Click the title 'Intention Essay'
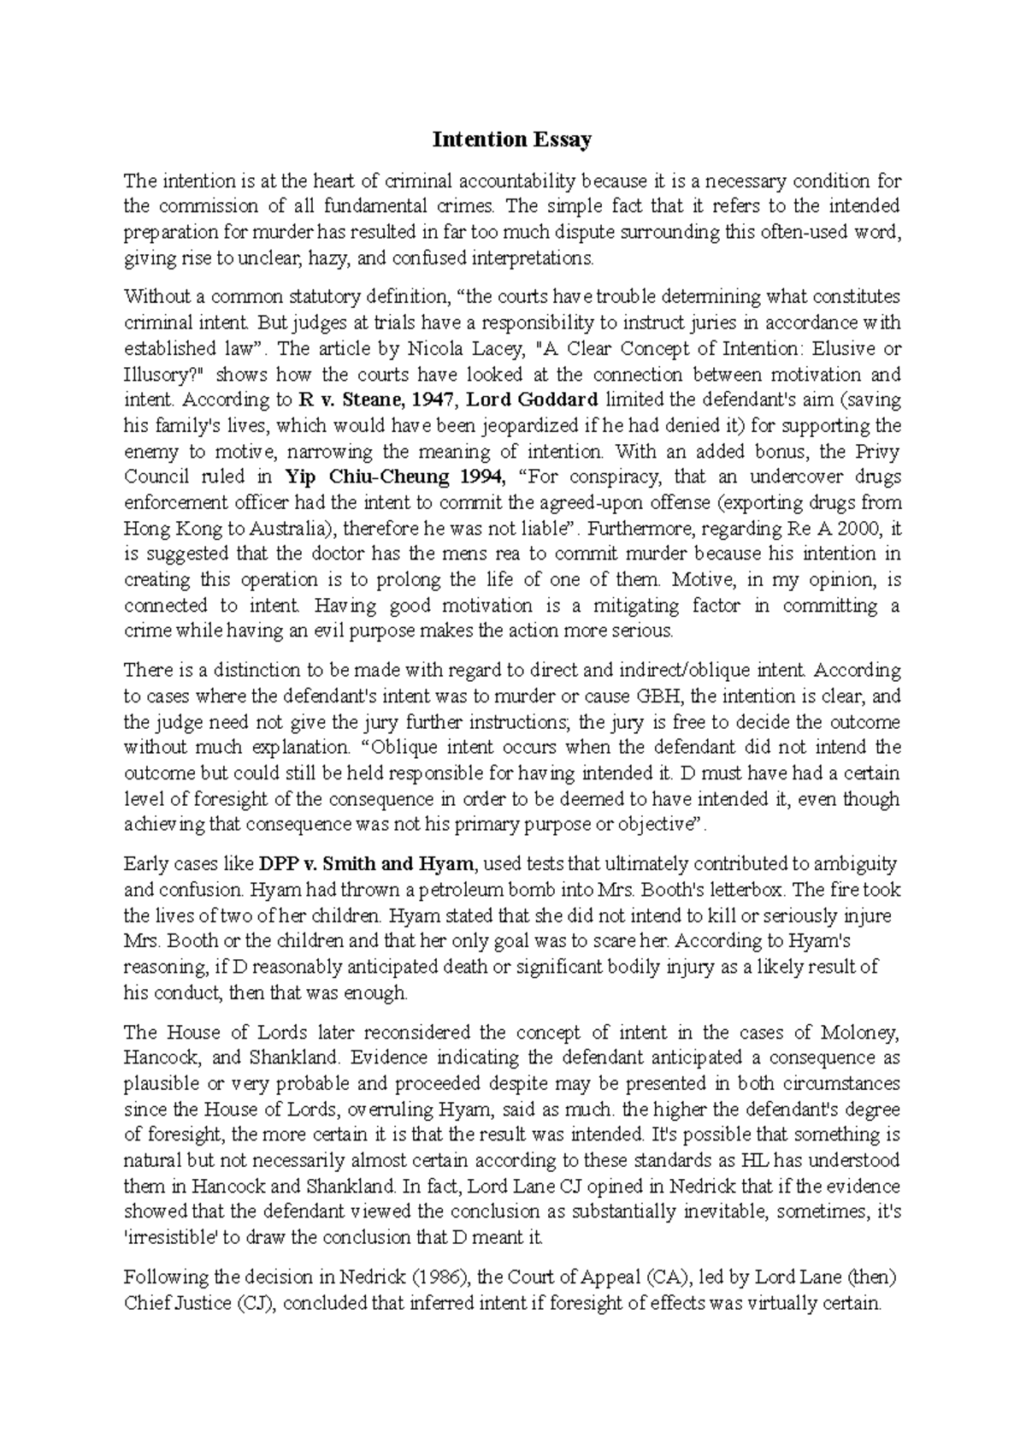click(x=511, y=139)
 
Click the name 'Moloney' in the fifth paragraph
click(x=858, y=1033)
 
